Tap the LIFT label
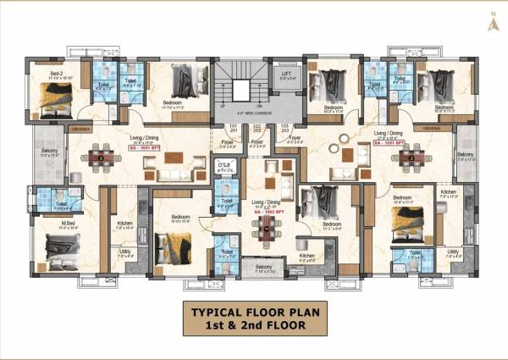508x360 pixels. coord(286,75)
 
